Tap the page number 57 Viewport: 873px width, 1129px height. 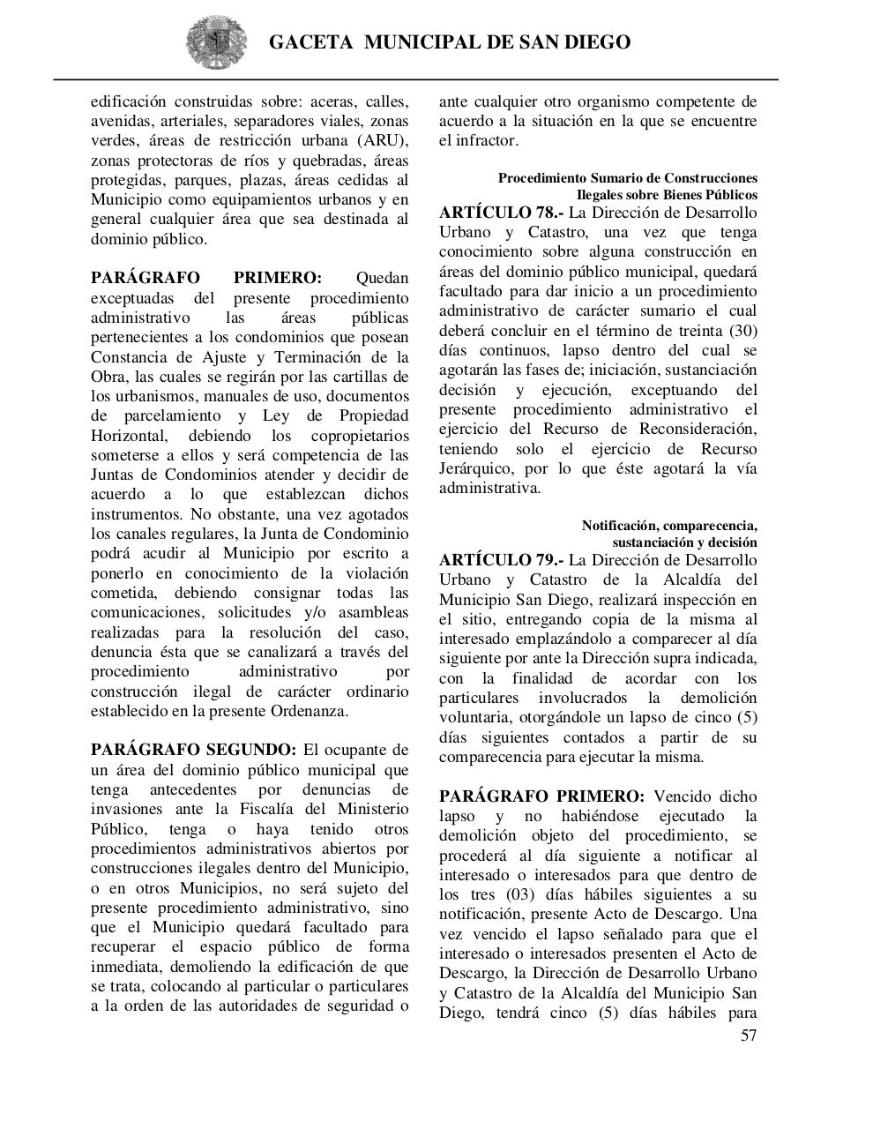tap(748, 1036)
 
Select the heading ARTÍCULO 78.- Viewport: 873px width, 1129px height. tap(500, 213)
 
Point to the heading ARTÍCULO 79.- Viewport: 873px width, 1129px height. tap(500, 560)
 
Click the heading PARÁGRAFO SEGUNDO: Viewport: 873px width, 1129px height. tap(193, 751)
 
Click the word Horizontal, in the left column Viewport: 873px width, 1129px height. tap(130, 436)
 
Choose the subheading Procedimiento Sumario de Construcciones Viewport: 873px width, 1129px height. tap(627, 178)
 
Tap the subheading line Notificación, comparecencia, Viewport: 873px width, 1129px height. tap(668, 526)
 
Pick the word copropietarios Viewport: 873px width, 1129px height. tap(360, 436)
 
